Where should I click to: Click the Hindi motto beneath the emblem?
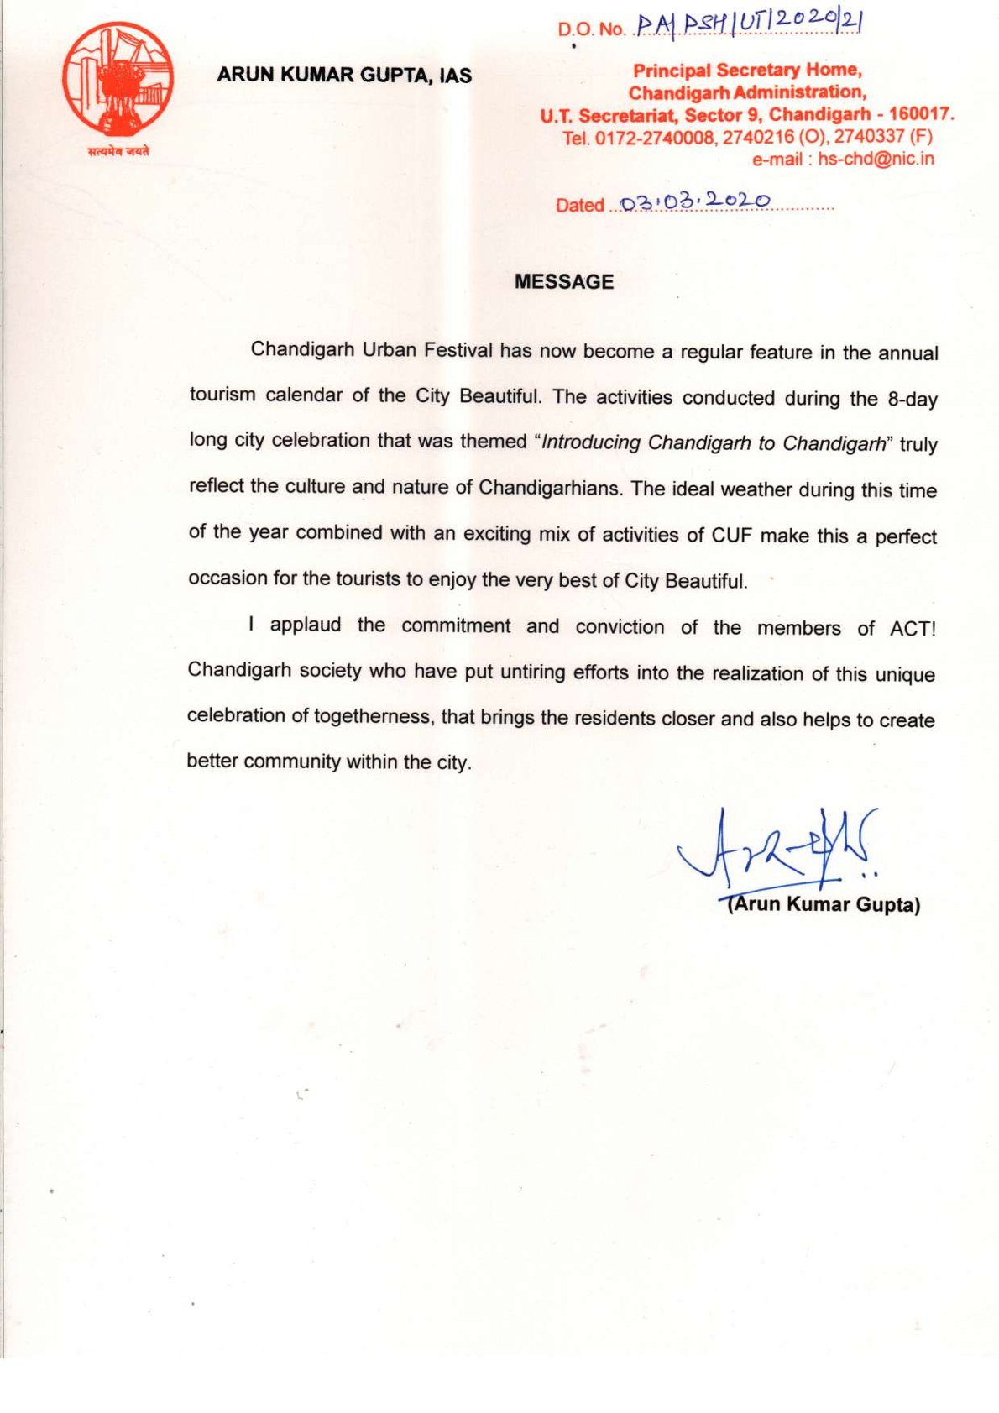pyautogui.click(x=118, y=151)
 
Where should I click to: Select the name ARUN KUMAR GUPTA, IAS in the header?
pyautogui.click(x=344, y=75)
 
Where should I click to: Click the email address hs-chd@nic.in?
pyautogui.click(x=876, y=159)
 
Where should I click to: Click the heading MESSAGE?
pyautogui.click(x=564, y=282)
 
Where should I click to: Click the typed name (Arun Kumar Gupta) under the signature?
pyautogui.click(x=824, y=904)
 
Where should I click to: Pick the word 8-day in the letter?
pyautogui.click(x=913, y=400)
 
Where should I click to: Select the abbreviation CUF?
pyautogui.click(x=731, y=535)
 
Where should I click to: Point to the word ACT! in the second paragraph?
pyautogui.click(x=913, y=628)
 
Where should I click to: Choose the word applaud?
pyautogui.click(x=306, y=625)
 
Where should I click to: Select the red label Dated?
pyautogui.click(x=579, y=205)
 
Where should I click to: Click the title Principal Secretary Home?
pyautogui.click(x=747, y=71)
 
